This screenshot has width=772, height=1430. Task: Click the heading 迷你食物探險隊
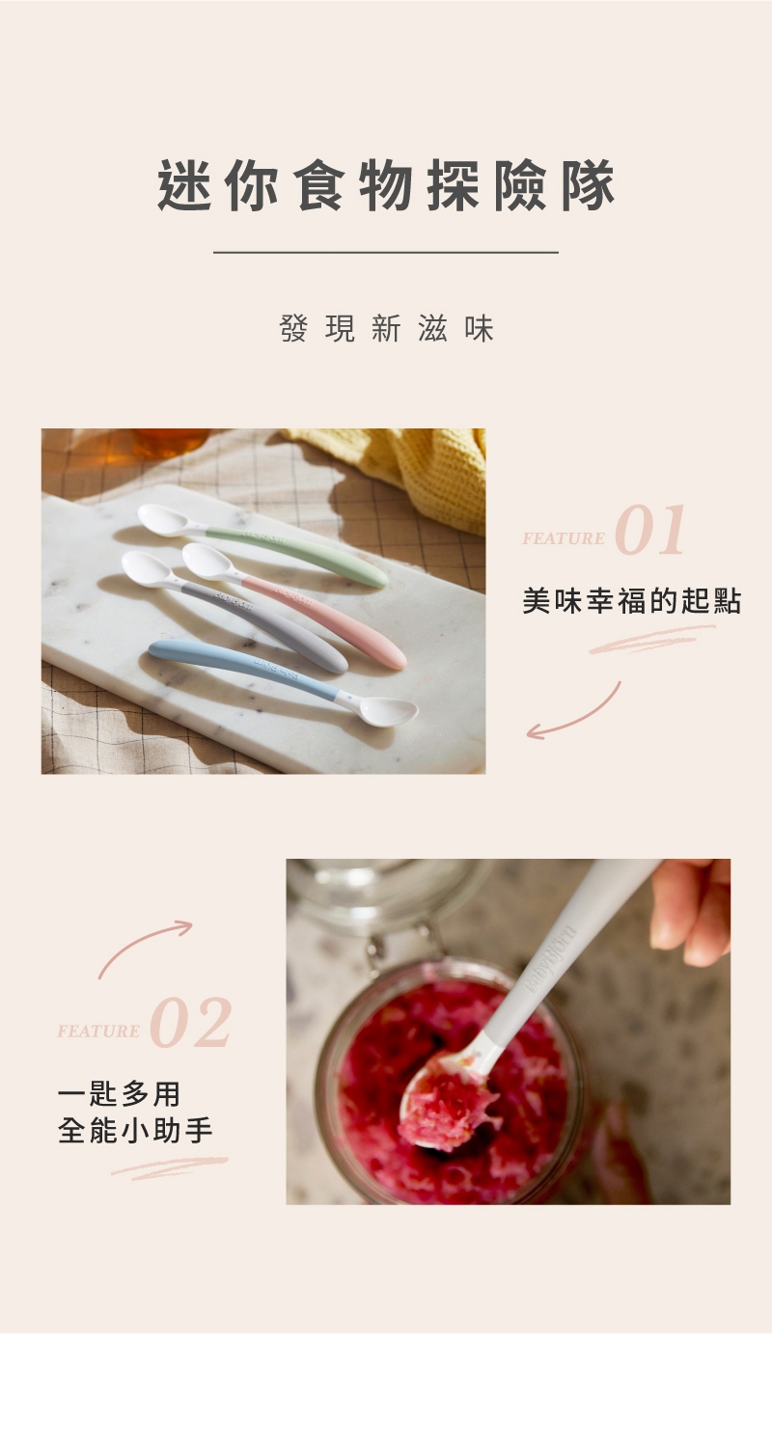[x=386, y=186]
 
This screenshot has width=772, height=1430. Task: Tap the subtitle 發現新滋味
[x=386, y=329]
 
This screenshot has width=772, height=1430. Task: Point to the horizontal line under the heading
[x=386, y=253]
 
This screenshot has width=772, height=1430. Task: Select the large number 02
[x=191, y=1025]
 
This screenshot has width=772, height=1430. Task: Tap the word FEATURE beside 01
[x=564, y=538]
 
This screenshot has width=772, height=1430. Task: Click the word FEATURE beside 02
[x=98, y=1031]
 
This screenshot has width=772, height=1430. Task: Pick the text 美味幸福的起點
[x=631, y=601]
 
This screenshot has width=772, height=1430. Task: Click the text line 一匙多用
[x=119, y=1094]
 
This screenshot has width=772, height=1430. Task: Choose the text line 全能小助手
[x=135, y=1131]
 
